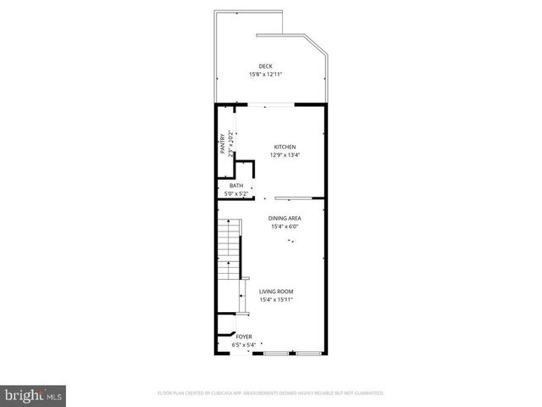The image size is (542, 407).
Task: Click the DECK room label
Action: tap(265, 66)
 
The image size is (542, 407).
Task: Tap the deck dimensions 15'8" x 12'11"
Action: tap(265, 75)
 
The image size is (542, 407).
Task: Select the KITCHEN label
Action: tap(284, 147)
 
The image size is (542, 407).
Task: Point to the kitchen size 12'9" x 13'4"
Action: tap(284, 155)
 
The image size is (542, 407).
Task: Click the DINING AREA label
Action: tap(285, 218)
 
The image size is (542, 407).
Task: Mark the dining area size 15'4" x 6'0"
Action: tap(285, 226)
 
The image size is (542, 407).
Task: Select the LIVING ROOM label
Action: tap(276, 292)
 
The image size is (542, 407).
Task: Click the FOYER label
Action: tap(244, 337)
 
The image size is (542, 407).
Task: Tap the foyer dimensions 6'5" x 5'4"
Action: tap(244, 345)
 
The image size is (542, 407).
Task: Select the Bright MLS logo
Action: tap(33, 394)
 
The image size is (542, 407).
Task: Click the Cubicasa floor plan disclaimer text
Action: tap(271, 393)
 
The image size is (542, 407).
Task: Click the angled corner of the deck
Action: tap(317, 51)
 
